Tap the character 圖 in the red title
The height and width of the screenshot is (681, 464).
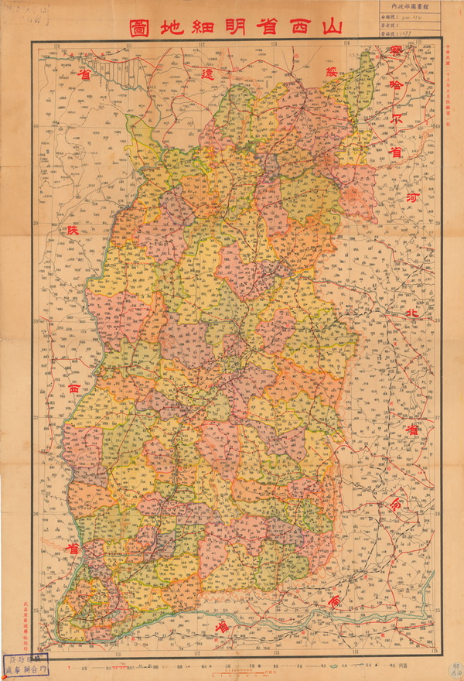(x=139, y=26)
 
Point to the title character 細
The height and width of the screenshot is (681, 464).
(x=213, y=26)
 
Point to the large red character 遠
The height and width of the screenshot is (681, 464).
(x=207, y=74)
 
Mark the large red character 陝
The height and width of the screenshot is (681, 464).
(x=74, y=230)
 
